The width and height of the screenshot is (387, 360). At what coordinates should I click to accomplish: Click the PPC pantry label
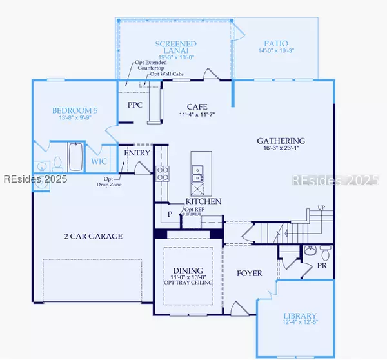[135, 105]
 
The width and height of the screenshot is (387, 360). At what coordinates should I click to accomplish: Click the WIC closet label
[99, 161]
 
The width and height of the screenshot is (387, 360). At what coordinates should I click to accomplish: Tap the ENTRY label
[137, 153]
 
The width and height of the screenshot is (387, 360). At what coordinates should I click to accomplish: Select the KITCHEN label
[203, 201]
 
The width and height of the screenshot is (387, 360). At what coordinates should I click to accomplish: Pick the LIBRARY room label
[300, 318]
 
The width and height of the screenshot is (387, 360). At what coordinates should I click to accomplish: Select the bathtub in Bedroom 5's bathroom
[75, 158]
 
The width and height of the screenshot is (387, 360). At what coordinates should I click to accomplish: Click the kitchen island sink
[197, 171]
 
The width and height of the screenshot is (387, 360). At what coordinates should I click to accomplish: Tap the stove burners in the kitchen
[162, 172]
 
